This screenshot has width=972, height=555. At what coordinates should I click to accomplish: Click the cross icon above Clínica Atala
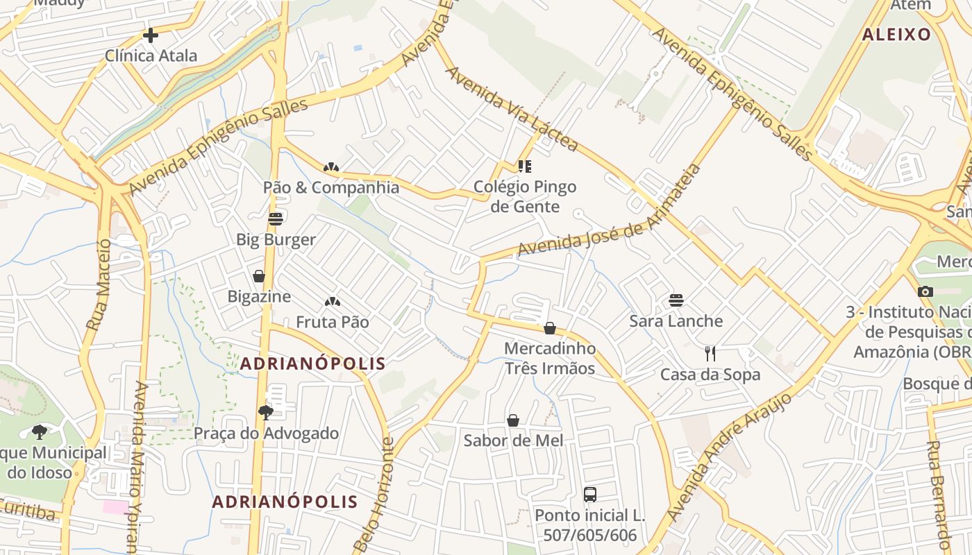point(150,35)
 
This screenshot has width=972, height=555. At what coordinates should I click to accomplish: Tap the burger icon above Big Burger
point(276,219)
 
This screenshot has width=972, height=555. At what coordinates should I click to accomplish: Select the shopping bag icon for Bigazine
point(259,276)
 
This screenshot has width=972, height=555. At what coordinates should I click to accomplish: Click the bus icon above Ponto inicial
point(589,495)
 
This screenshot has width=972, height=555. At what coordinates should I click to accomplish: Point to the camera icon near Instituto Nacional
point(925,291)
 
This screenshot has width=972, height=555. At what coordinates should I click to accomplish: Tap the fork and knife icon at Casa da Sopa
point(710,354)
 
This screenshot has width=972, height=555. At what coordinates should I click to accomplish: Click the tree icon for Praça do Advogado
point(265,413)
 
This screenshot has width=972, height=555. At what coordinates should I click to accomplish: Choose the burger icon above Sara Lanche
point(676,300)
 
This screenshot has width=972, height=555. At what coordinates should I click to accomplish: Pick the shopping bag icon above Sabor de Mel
point(513,420)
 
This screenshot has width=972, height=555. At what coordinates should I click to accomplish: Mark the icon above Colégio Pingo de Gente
point(524,166)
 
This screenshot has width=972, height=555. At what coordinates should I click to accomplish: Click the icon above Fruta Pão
point(333,302)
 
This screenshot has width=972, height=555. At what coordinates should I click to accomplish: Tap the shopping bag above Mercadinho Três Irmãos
point(550,327)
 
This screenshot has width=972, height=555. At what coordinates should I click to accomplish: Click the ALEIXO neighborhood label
point(896,35)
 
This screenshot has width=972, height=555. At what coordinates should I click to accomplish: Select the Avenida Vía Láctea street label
point(511,109)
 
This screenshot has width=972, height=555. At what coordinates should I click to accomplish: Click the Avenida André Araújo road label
point(729,456)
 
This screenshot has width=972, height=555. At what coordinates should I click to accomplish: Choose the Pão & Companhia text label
point(331,187)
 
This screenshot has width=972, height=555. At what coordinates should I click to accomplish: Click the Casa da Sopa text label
point(710,375)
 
